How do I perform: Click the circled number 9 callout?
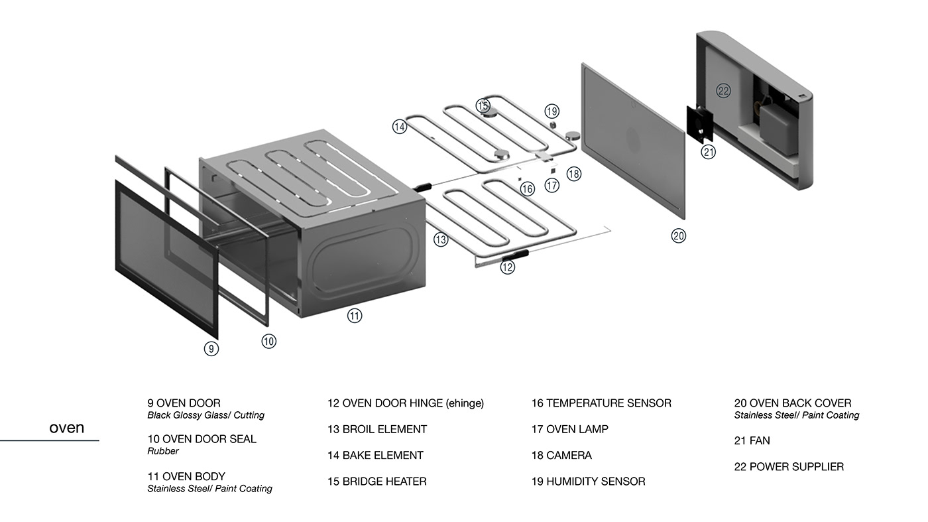tap(211, 348)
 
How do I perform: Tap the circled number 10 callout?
tap(268, 341)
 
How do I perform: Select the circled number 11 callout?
tap(355, 316)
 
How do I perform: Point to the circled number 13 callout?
tap(441, 239)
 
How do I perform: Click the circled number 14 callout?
tap(399, 126)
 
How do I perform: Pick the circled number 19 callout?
tap(552, 111)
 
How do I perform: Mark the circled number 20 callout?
tap(678, 235)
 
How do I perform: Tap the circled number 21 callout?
tap(709, 152)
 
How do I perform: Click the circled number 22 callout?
tap(723, 91)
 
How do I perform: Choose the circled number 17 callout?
tap(552, 186)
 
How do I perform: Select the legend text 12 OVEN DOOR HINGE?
tap(406, 403)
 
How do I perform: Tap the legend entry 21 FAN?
tap(752, 440)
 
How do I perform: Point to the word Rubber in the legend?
tap(163, 451)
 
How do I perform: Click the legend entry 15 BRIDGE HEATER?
tap(377, 482)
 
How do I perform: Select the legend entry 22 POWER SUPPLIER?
tap(789, 467)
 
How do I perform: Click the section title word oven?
tap(66, 428)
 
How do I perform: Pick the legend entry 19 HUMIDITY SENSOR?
tap(588, 482)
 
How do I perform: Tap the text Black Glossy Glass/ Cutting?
tap(205, 415)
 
